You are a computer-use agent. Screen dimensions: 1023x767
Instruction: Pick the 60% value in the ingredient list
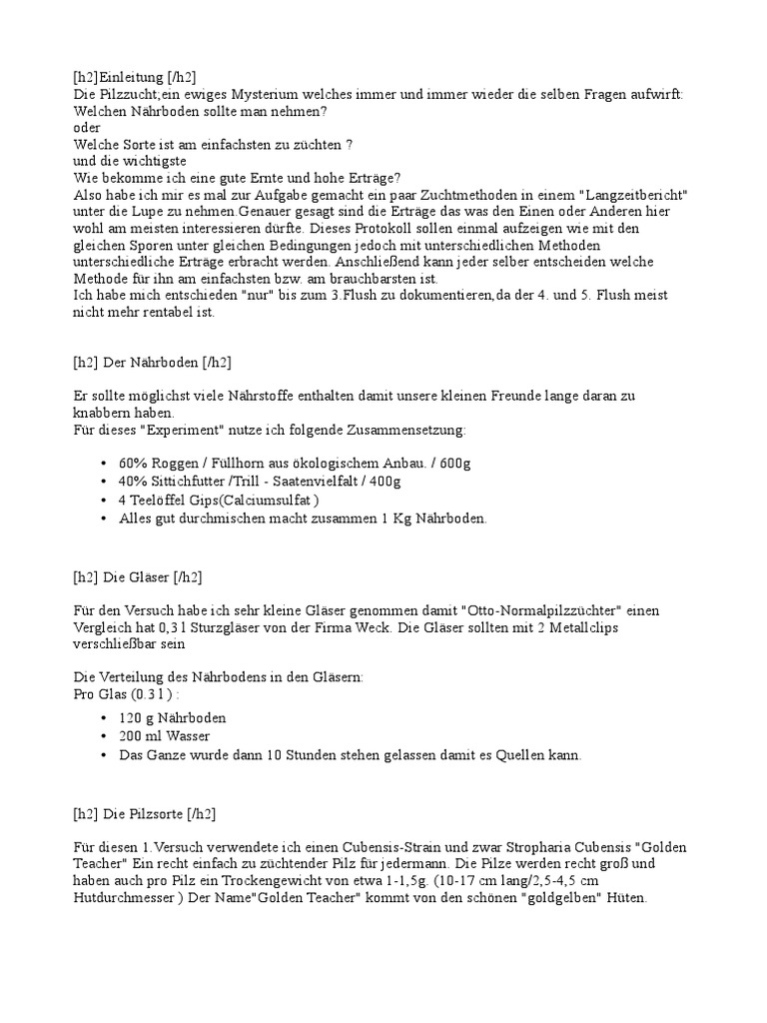tap(133, 465)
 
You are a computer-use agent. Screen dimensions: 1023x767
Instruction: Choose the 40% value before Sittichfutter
tap(133, 483)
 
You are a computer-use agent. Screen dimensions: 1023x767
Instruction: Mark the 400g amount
tap(383, 483)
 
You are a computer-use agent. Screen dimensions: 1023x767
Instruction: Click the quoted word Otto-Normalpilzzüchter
tap(530, 609)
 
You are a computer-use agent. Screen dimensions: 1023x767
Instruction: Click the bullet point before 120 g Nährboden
tap(105, 718)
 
